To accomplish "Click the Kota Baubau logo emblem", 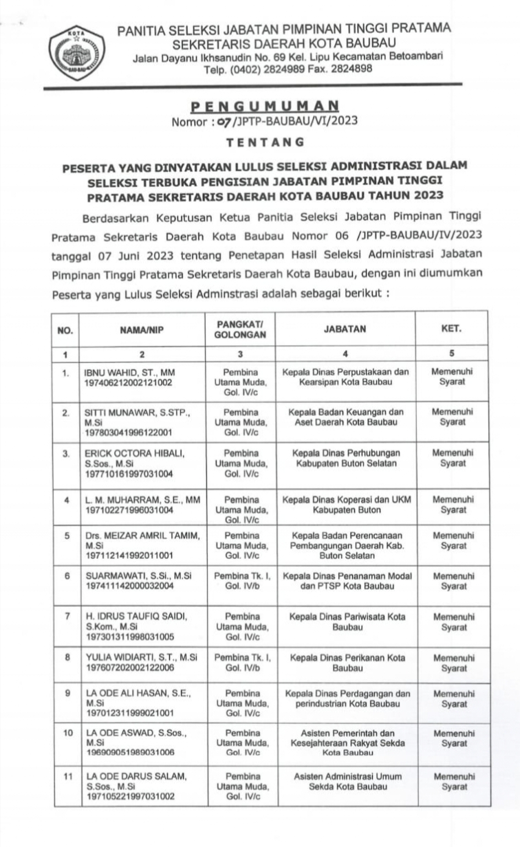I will point(77,49).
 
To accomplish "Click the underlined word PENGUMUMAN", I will point(264,107).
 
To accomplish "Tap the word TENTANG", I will point(265,142).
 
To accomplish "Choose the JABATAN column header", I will point(345,329).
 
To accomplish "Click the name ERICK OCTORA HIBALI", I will point(134,454).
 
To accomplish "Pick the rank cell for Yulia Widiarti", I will point(241,663).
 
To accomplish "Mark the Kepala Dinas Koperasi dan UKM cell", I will point(345,505).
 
